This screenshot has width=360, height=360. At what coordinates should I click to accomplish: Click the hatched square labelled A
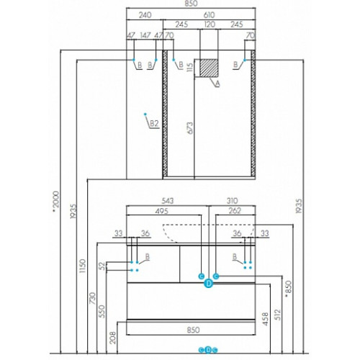point(209,68)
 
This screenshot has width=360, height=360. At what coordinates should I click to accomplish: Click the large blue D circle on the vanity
point(209,284)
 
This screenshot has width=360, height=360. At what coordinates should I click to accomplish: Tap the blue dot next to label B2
point(145,114)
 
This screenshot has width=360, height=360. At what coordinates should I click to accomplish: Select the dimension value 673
point(189,128)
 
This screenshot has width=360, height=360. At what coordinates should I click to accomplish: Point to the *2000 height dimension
point(56,202)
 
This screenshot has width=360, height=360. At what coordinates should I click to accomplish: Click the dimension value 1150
point(83,266)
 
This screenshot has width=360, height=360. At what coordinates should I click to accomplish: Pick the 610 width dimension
point(209,15)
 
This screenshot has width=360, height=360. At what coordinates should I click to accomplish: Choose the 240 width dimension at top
point(145,15)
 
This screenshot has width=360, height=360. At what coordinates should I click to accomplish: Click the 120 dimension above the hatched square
point(210,24)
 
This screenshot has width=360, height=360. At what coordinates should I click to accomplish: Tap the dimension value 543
point(167,201)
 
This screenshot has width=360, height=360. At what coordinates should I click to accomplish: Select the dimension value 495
point(162,211)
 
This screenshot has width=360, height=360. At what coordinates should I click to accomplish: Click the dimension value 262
point(235,210)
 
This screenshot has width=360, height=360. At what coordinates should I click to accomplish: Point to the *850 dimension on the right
point(288,289)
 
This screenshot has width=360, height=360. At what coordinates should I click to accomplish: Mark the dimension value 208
point(112,338)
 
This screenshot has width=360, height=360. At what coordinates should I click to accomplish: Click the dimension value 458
point(265,319)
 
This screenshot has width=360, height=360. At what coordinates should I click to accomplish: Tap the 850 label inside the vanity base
point(193,330)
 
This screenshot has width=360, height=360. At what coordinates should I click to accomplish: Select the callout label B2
point(154,124)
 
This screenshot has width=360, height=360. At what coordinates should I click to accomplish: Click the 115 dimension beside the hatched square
point(189,67)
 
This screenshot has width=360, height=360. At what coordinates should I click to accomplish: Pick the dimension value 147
point(145,35)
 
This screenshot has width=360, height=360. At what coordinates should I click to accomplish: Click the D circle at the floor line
point(208,350)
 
